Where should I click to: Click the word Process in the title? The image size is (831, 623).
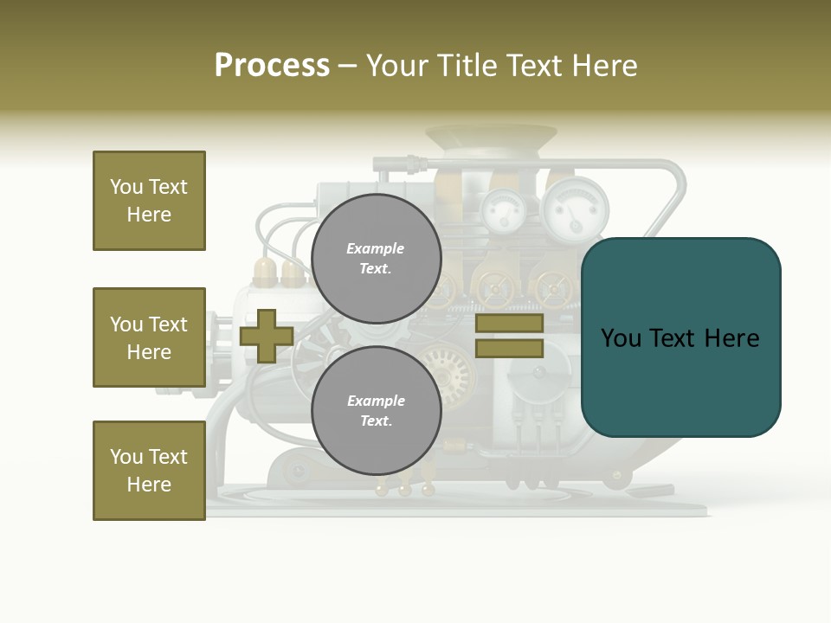click(x=272, y=65)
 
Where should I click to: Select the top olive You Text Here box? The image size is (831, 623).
click(x=149, y=201)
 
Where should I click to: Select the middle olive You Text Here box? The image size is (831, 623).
click(x=149, y=337)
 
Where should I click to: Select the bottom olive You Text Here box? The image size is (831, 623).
click(x=149, y=471)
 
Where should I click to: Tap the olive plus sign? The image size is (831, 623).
click(x=267, y=336)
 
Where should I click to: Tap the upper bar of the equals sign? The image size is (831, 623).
click(x=509, y=324)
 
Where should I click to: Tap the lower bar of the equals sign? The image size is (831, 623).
click(x=509, y=349)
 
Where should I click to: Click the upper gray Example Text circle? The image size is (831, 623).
click(x=377, y=259)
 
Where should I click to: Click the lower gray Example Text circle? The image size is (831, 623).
click(x=377, y=411)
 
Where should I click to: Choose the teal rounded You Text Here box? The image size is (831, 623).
click(x=680, y=337)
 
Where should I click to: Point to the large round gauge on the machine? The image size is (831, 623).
click(x=576, y=208)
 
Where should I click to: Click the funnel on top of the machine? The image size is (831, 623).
click(x=491, y=138)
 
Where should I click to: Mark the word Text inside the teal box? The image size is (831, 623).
click(x=680, y=338)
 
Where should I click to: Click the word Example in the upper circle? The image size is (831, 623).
click(x=375, y=248)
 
